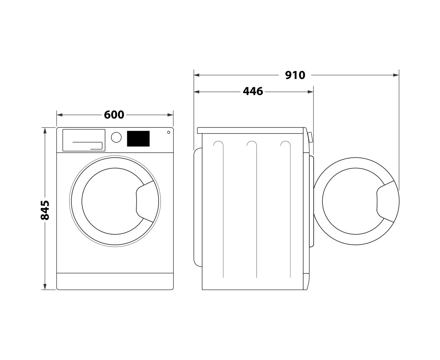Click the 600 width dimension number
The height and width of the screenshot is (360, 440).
point(114,115)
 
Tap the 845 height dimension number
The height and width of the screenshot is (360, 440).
point(45,210)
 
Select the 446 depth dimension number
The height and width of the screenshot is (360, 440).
point(253,91)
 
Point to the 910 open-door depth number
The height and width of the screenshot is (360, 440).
point(295,75)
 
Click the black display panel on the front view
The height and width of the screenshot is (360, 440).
point(138,139)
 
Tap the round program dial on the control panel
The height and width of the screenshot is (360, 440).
point(116,137)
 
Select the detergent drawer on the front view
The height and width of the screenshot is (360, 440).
point(84,140)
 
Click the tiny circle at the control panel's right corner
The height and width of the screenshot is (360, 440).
point(169,132)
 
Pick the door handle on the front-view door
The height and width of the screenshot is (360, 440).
point(145,201)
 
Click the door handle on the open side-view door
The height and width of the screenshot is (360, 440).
point(386,201)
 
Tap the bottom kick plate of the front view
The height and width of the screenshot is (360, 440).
point(115,281)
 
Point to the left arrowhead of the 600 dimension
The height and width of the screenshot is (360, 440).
point(59,115)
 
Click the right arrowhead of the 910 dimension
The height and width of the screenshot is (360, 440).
point(396,75)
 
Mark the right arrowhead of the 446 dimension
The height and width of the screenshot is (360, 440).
point(310,92)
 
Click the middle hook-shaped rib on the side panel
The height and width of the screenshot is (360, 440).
point(253,209)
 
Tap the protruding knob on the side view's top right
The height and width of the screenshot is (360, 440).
point(310,137)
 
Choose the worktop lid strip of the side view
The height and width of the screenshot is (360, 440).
point(250,130)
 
